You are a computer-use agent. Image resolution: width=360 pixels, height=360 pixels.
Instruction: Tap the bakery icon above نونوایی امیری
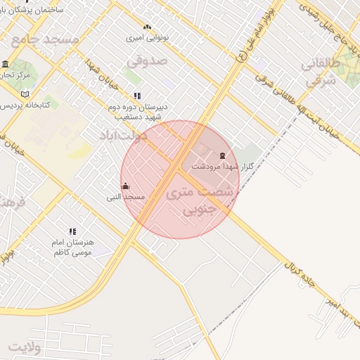coord(147,27)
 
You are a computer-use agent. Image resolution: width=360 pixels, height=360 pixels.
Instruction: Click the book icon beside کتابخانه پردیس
coord(25,94)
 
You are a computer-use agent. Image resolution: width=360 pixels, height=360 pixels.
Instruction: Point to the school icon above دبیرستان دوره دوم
coord(136,96)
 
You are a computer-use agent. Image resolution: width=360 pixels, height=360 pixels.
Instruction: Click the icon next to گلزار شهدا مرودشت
coord(223,155)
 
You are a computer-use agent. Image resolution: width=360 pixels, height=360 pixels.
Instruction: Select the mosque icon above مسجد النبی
coord(126,186)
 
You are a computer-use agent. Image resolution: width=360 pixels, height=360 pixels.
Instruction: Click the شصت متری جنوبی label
coord(195,200)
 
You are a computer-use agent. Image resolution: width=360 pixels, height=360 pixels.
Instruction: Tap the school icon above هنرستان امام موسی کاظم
coord(72,231)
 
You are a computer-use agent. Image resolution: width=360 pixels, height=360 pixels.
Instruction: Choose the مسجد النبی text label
coord(125,198)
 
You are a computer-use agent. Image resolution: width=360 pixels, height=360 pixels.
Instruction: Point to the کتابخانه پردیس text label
coord(30,105)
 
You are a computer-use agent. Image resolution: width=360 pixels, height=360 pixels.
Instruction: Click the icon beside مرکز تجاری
coord(6,64)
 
